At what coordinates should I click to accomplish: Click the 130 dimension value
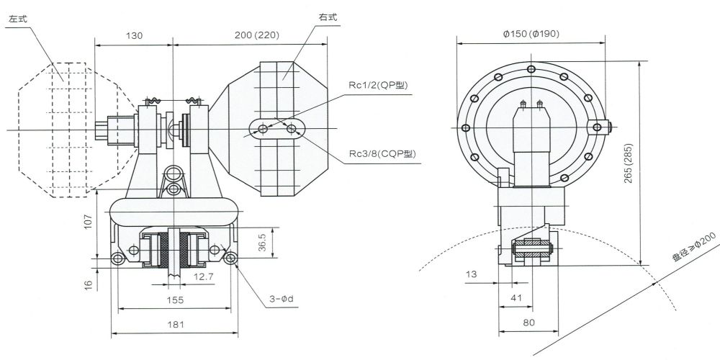[133, 34]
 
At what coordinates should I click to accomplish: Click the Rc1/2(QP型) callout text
[377, 85]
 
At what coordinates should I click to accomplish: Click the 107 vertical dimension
[86, 222]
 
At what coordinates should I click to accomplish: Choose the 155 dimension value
[174, 299]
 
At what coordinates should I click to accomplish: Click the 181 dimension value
[174, 325]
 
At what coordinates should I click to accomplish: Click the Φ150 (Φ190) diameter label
[529, 34]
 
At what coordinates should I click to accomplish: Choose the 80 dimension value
[528, 323]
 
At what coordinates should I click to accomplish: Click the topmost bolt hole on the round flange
[531, 69]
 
